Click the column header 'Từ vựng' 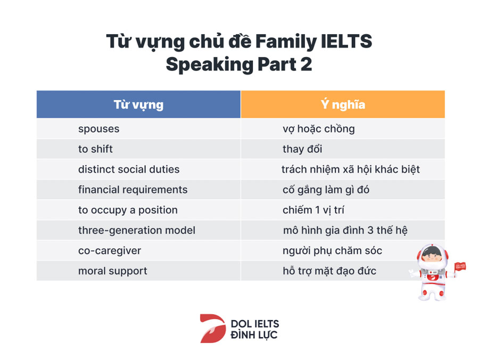(x=139, y=104)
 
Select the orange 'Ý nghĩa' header (x=343, y=104)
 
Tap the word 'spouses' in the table (x=98, y=129)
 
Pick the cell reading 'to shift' (x=95, y=149)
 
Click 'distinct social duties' (x=129, y=169)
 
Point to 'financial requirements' (x=133, y=190)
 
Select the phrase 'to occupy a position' (x=128, y=210)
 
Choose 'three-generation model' (x=137, y=231)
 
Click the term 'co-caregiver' (x=109, y=251)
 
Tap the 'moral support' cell (x=112, y=271)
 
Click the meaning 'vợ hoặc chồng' (x=319, y=129)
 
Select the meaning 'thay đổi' (x=302, y=149)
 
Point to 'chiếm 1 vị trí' (x=313, y=210)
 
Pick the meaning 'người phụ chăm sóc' (x=332, y=251)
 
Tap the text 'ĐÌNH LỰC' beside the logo (x=254, y=335)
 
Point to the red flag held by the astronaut (x=460, y=266)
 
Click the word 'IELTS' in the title (x=346, y=42)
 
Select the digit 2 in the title (x=306, y=64)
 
